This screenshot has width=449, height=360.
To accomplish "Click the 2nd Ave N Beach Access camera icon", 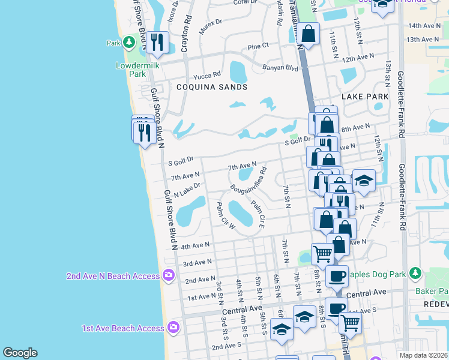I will tap(169, 275).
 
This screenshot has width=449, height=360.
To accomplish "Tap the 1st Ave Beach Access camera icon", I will tap(173, 328).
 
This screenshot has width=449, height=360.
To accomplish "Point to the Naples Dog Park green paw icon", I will tap(414, 274).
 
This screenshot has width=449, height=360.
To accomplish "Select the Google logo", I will tap(20, 353).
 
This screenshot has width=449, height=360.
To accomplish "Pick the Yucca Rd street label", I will tap(207, 76).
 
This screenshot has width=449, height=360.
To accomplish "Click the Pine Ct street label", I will tap(258, 46).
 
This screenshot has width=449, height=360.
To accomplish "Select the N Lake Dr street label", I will tap(186, 191).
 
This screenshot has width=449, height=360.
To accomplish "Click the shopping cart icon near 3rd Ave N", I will tap(322, 254).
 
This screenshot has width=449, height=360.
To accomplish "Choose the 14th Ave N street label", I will tap(423, 26).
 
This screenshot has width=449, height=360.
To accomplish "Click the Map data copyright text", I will tap(423, 355).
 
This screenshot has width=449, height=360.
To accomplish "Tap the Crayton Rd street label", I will tap(187, 30).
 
